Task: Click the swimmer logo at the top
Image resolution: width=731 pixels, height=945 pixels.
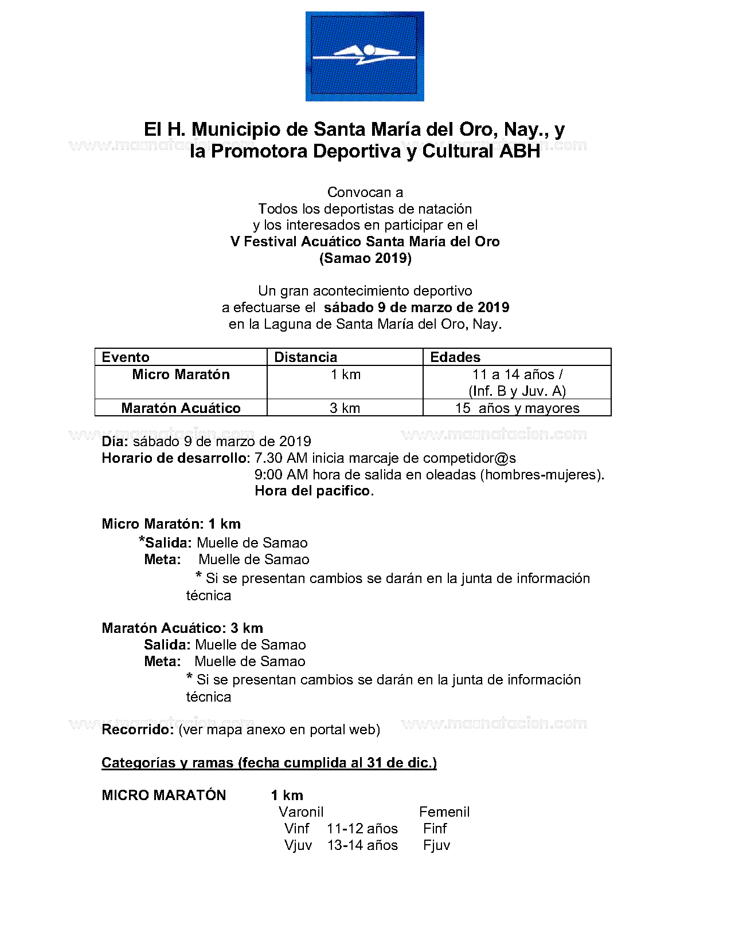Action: click(x=365, y=56)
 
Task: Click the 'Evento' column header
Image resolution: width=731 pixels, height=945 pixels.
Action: click(x=126, y=357)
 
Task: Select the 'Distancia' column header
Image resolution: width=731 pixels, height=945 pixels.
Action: click(x=306, y=357)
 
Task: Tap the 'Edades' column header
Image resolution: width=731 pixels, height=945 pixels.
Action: click(x=455, y=357)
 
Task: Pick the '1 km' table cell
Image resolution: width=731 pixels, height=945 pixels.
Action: click(x=345, y=375)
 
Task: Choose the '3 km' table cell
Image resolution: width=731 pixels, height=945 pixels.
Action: click(x=345, y=408)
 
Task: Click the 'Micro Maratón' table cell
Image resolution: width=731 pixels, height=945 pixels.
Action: click(x=181, y=375)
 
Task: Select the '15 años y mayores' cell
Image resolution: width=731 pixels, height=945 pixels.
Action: click(x=517, y=408)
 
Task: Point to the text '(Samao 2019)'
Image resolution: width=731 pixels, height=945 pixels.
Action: click(x=365, y=258)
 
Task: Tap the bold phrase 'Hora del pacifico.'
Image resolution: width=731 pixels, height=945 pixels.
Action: click(x=314, y=491)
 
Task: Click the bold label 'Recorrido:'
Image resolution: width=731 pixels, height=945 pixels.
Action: click(x=138, y=730)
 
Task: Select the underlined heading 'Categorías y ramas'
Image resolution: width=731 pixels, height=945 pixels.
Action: click(x=269, y=763)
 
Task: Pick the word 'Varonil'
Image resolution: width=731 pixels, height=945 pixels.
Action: click(x=301, y=812)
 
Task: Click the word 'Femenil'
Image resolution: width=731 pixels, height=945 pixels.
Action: click(x=444, y=812)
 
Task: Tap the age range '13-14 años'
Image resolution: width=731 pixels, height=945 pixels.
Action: click(x=362, y=845)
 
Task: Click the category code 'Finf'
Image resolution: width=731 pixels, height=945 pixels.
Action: click(x=435, y=829)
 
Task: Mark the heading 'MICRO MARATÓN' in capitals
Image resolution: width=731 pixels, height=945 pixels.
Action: click(x=164, y=796)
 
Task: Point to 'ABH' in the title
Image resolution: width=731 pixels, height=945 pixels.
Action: click(x=520, y=151)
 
